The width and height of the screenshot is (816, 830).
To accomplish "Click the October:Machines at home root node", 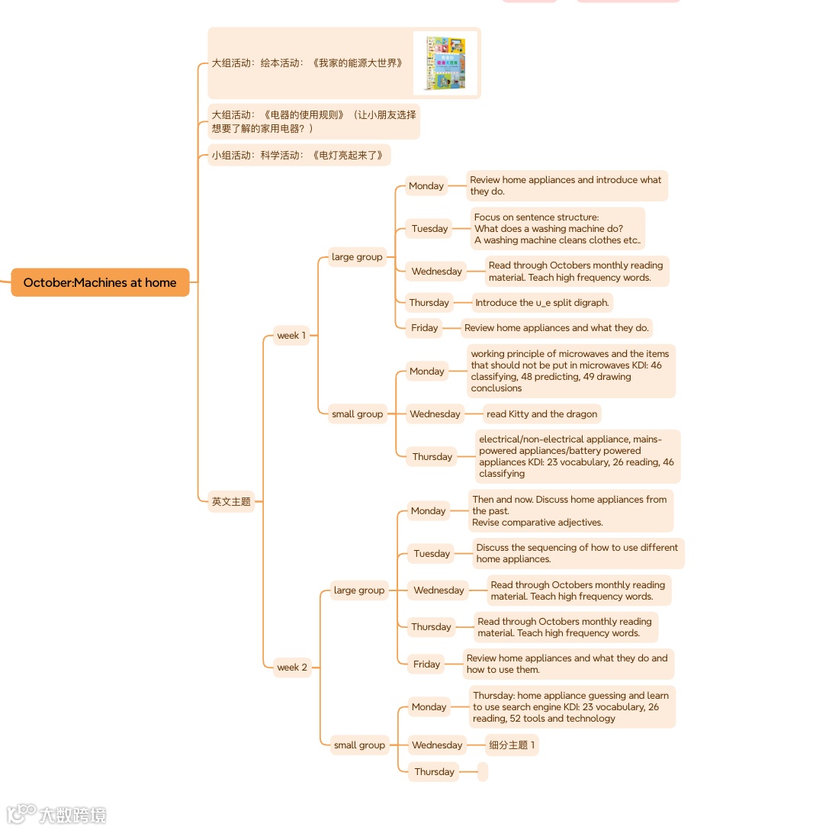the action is tap(100, 282).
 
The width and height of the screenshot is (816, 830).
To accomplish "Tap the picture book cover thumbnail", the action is tap(445, 63).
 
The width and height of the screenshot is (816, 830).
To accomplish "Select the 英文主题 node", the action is tap(231, 501).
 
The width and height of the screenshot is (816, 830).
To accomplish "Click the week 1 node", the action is tap(291, 336).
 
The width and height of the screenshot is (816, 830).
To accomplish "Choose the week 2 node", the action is tap(292, 668).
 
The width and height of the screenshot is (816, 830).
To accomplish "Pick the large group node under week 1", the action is tap(357, 257).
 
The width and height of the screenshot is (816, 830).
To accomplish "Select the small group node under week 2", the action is tap(359, 745).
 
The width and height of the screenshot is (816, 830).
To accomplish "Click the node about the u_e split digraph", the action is tap(541, 303).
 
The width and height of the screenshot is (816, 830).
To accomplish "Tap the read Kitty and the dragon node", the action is tap(541, 414).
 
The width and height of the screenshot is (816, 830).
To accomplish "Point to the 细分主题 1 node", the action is tap(512, 745).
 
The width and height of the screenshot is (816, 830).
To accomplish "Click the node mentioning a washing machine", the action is tap(557, 229).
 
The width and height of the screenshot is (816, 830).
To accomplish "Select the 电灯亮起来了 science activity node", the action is tap(299, 155).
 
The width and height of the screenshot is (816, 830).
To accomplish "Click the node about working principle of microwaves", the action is tap(570, 371).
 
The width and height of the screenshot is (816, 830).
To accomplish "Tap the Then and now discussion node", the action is tap(570, 511).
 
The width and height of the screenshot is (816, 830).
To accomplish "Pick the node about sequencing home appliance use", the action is tap(577, 553).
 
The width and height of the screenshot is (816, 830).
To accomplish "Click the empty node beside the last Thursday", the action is tap(483, 772).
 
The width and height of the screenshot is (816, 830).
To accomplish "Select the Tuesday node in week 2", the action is tap(432, 554).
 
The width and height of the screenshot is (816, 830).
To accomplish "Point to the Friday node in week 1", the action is tap(425, 328).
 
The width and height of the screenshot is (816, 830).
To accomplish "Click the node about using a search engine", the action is tap(571, 707).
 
